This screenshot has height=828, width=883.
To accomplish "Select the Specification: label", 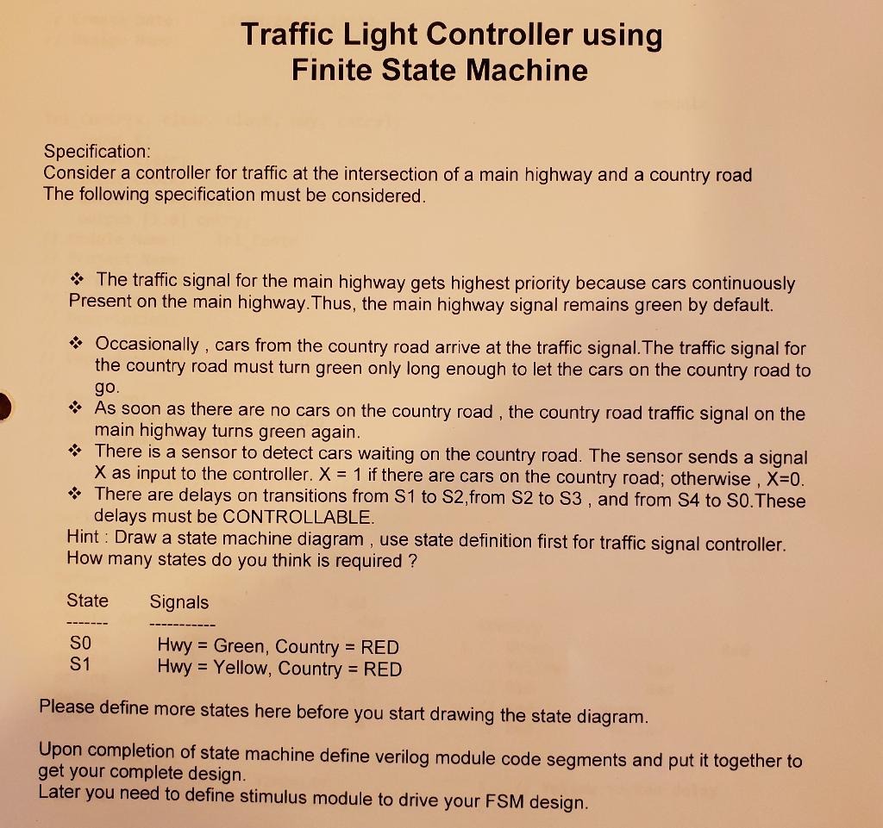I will point(97,152).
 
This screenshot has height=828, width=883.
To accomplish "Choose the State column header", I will point(87,601).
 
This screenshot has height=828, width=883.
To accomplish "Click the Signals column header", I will point(179,602).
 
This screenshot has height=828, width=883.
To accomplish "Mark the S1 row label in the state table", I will point(78,665).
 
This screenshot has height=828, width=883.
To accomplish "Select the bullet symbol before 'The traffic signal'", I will point(78,280).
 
